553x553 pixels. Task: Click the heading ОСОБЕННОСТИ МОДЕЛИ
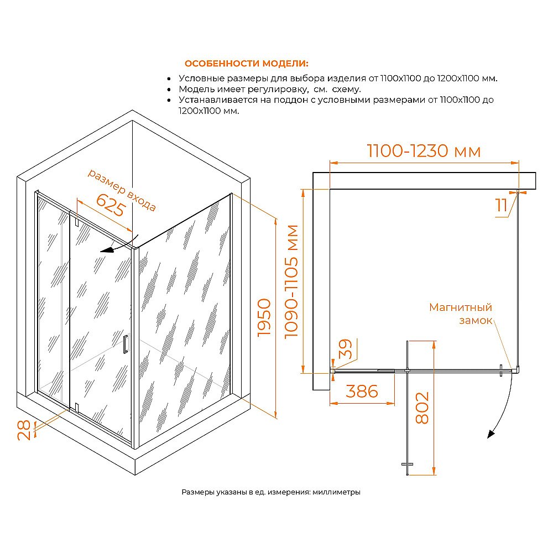(247, 64)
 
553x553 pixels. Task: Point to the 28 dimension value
(23, 429)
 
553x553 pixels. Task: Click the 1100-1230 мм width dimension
(424, 150)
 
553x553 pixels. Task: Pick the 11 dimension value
(502, 206)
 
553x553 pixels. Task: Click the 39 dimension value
(345, 351)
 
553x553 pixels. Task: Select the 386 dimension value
(362, 391)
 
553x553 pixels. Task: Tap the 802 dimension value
(422, 408)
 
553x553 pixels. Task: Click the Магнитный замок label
(461, 314)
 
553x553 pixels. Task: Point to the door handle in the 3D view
(126, 343)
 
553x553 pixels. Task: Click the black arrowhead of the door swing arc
(490, 434)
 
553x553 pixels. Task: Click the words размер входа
(122, 189)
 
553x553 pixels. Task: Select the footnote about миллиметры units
(271, 492)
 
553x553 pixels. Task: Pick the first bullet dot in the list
(168, 79)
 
